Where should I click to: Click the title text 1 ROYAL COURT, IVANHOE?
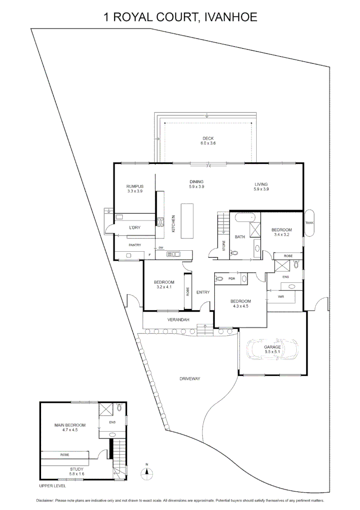180,18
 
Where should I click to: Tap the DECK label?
208,138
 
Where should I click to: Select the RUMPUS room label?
135,187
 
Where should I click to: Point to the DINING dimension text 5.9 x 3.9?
196,187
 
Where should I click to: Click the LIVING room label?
261,184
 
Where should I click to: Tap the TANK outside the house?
310,222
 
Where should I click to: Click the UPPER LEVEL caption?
53,485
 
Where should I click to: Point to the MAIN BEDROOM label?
69,425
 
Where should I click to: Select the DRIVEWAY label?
190,379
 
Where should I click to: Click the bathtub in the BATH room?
245,218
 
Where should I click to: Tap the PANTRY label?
135,245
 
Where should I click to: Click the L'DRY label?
134,228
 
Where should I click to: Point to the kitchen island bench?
187,221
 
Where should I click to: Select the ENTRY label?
203,292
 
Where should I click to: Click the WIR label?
281,297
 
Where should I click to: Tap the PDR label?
232,279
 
